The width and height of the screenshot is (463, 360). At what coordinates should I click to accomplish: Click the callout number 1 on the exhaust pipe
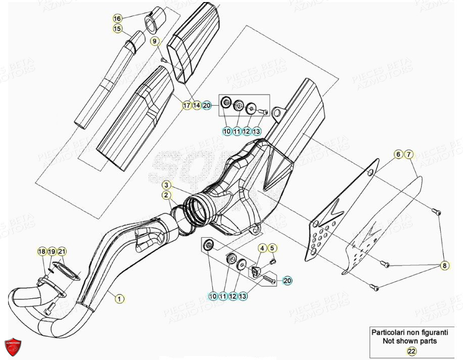pos(119,298)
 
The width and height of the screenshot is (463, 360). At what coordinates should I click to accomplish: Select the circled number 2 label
pos(166,195)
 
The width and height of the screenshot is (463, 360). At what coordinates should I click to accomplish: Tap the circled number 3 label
pos(166,185)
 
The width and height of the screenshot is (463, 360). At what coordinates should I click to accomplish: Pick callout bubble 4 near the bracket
pos(262,248)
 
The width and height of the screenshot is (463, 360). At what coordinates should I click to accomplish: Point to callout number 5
pos(272,248)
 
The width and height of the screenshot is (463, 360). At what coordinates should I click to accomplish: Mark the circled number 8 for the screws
pos(445,264)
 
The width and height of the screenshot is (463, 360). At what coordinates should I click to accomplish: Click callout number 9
pos(155,40)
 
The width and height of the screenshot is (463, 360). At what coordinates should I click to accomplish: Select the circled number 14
pos(196,105)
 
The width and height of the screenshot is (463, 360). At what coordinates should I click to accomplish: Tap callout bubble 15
pos(117,29)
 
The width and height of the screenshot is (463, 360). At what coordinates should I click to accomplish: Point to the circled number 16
pos(117,19)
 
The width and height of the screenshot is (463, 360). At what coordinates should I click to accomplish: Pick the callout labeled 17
pos(187,105)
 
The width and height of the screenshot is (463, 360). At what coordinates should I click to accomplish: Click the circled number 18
pos(41,251)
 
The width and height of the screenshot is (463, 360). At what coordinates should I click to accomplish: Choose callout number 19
pos(52,251)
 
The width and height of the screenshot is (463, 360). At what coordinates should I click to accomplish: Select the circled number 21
pos(62,251)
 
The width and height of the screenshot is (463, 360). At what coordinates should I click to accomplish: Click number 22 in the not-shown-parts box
pos(411,351)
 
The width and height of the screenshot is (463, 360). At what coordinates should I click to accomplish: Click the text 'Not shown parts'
pos(410,341)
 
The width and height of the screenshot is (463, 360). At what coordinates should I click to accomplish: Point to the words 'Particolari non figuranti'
pos(410,332)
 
